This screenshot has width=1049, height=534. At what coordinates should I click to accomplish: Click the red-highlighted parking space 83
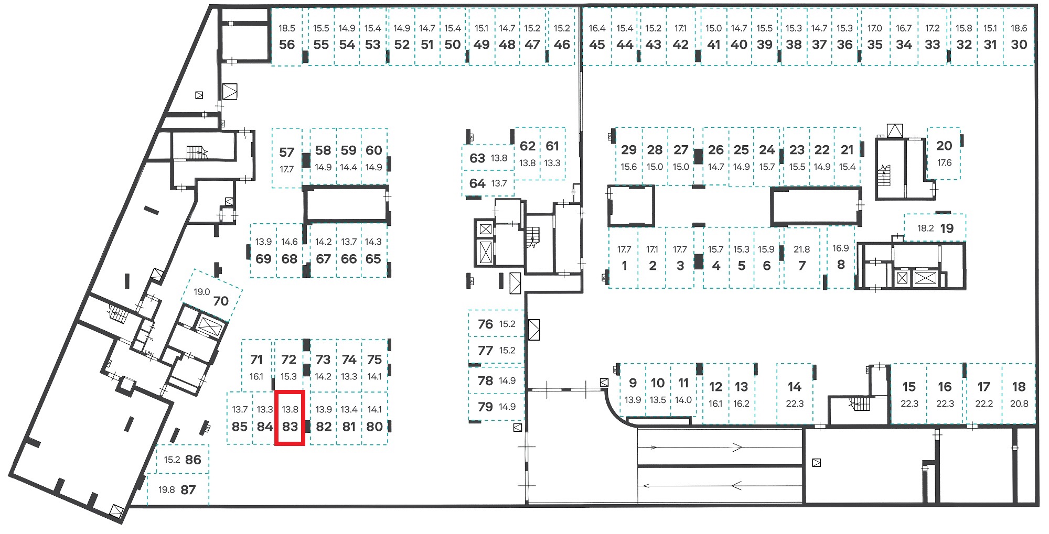pos(290,418)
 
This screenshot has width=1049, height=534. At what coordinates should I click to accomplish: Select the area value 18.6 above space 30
pos(1019,28)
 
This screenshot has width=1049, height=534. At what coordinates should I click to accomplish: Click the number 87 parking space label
pos(188,490)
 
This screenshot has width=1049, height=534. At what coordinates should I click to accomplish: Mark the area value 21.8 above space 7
pos(801,249)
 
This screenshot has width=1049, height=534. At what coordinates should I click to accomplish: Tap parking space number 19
pos(947,228)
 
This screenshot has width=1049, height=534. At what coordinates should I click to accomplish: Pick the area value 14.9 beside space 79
pos(507,407)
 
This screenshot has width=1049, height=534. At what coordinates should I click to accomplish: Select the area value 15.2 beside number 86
pos(172,460)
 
